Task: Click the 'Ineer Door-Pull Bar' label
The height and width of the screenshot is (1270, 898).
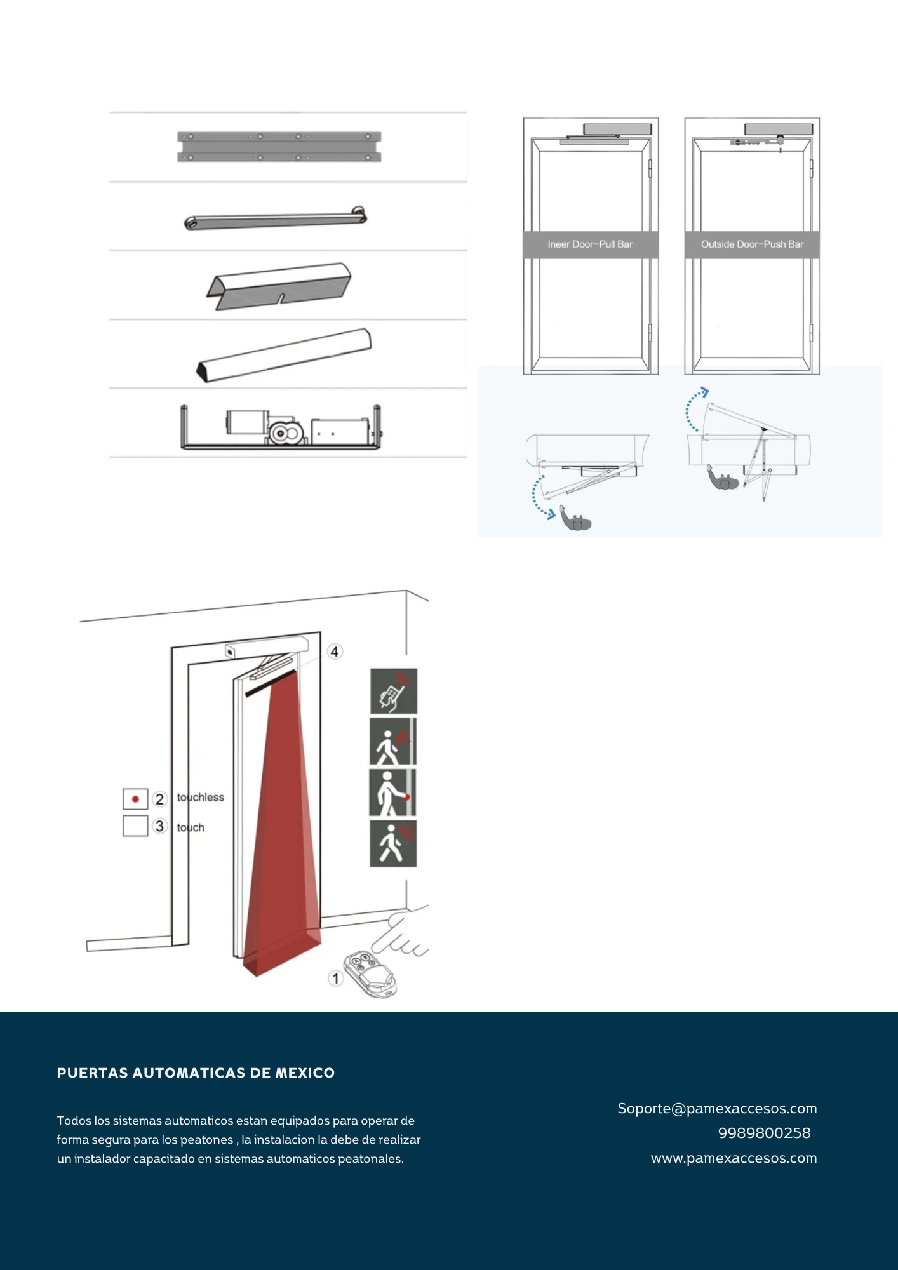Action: [590, 244]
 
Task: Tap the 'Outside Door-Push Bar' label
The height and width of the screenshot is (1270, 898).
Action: [752, 244]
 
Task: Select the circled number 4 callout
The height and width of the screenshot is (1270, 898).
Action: [335, 652]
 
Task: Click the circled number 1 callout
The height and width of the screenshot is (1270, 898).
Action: [336, 979]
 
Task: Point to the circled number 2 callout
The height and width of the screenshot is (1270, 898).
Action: [159, 799]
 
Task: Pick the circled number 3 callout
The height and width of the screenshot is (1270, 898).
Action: [159, 826]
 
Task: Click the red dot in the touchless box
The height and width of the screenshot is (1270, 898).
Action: [135, 799]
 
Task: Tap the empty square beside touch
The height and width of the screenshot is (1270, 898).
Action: [135, 825]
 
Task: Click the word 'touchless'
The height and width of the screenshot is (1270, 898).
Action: [201, 798]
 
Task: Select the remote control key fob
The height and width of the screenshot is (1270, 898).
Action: [370, 974]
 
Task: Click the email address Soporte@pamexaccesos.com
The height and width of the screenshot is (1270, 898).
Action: [717, 1109]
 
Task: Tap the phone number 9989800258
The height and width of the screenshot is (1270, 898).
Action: [765, 1133]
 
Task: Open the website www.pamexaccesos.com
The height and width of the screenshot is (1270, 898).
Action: [734, 1158]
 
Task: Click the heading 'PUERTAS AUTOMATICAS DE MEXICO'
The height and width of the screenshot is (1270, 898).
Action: [196, 1073]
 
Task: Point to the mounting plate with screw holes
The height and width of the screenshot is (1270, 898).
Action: [279, 147]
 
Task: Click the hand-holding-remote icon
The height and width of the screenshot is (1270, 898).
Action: [394, 691]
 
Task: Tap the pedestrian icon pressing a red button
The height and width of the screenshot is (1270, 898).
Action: [392, 793]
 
